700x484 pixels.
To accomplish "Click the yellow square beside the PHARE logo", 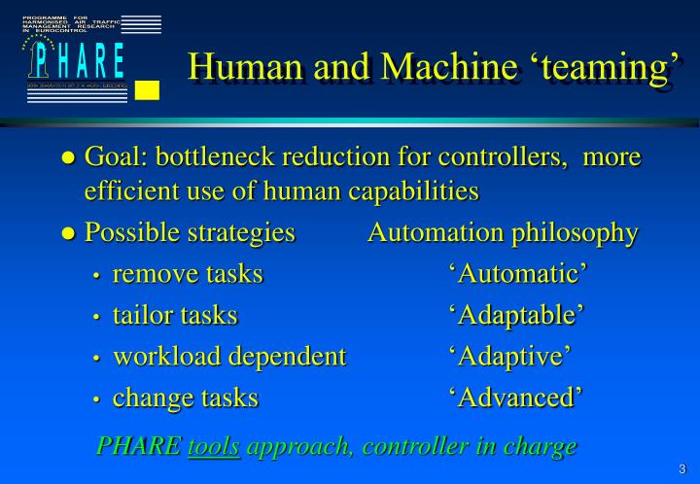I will point(147,90).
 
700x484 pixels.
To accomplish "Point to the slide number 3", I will point(682,468).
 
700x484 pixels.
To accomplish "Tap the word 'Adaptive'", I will point(509,356).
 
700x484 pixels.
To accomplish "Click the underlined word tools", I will point(214,446).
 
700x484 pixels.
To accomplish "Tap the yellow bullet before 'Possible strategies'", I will point(68,234).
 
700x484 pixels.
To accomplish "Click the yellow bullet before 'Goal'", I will point(68,157).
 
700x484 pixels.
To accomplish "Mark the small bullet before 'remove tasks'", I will point(96,276).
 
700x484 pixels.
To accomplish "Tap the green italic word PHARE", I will point(138,446).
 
